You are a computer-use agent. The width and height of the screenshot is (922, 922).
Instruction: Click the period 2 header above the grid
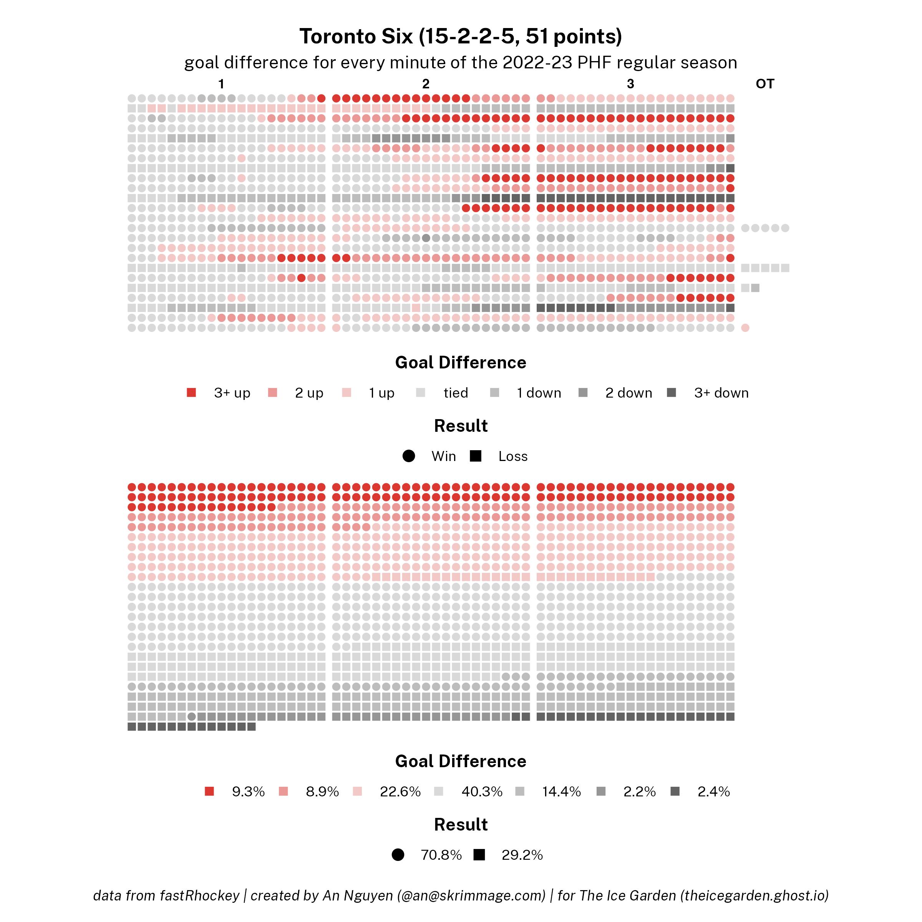(x=426, y=84)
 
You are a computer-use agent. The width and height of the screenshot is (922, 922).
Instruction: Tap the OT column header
(x=764, y=84)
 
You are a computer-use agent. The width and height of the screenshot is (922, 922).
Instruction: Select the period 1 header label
(x=221, y=84)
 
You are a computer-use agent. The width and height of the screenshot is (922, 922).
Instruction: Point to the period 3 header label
(x=630, y=84)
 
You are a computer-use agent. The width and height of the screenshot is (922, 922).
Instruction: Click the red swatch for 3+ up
(x=191, y=393)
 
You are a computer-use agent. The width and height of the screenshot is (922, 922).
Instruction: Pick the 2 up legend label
(x=309, y=393)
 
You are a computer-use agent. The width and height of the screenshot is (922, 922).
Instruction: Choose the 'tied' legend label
(x=455, y=393)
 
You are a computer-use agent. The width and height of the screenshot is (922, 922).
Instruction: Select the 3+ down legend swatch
(x=672, y=393)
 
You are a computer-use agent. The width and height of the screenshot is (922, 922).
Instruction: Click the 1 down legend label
(x=538, y=393)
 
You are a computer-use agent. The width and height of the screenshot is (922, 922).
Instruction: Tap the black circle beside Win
(x=408, y=456)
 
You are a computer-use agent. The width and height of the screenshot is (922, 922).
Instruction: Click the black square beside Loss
(x=475, y=456)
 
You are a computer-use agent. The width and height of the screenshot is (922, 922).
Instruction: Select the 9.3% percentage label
(x=248, y=792)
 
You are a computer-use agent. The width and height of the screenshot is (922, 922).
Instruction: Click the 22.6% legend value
(x=400, y=792)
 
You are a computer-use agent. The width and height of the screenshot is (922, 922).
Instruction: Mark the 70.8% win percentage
(x=441, y=855)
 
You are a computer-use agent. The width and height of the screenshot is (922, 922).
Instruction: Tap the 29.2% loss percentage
(x=522, y=855)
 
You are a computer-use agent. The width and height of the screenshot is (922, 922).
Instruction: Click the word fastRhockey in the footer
(x=199, y=896)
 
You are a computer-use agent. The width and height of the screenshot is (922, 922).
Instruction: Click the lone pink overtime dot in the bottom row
(x=745, y=328)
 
